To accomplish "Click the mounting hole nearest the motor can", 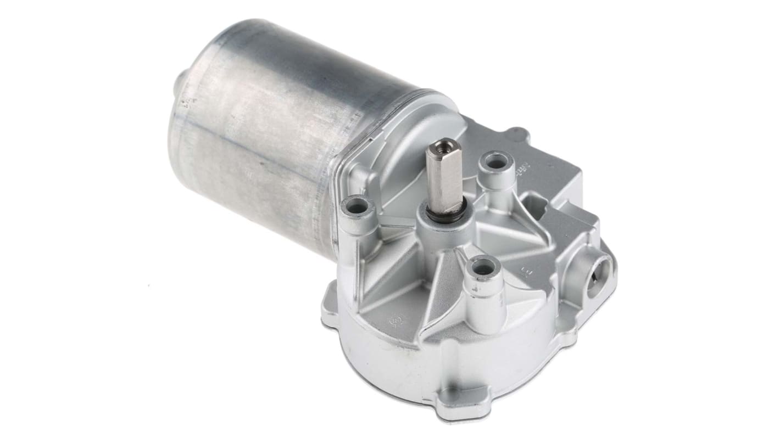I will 358,207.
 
